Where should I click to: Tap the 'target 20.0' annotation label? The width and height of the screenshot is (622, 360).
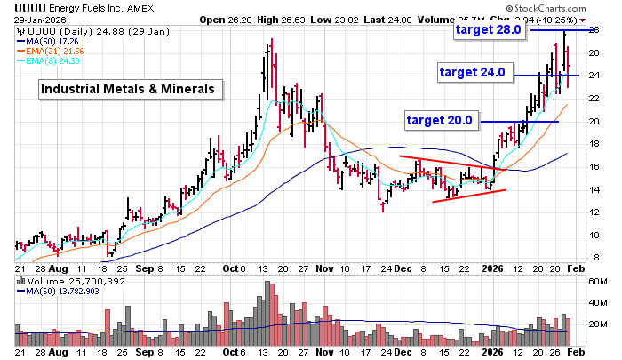click(x=443, y=119)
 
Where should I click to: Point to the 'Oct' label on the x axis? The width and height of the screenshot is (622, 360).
click(x=233, y=267)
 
